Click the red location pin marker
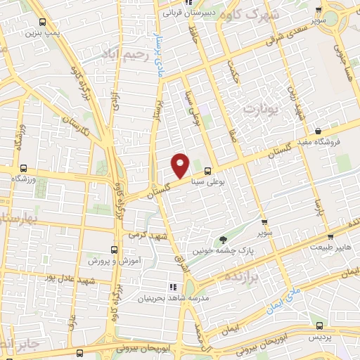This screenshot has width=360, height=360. tap(181, 165)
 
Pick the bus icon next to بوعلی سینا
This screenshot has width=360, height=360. tap(207, 170)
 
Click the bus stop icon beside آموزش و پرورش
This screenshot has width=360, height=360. tap(114, 250)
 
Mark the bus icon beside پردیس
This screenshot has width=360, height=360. tap(320, 326)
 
